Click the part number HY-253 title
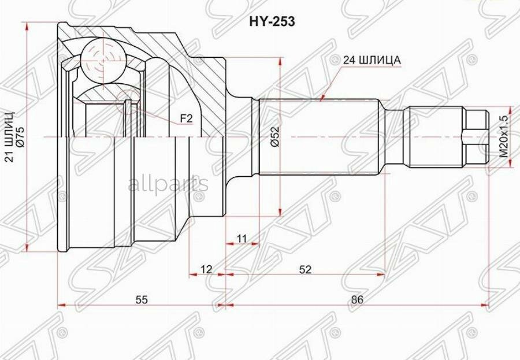272,21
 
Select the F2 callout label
186,118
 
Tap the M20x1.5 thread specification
504,137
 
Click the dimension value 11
242,238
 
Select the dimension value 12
206,269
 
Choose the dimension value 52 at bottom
306,269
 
